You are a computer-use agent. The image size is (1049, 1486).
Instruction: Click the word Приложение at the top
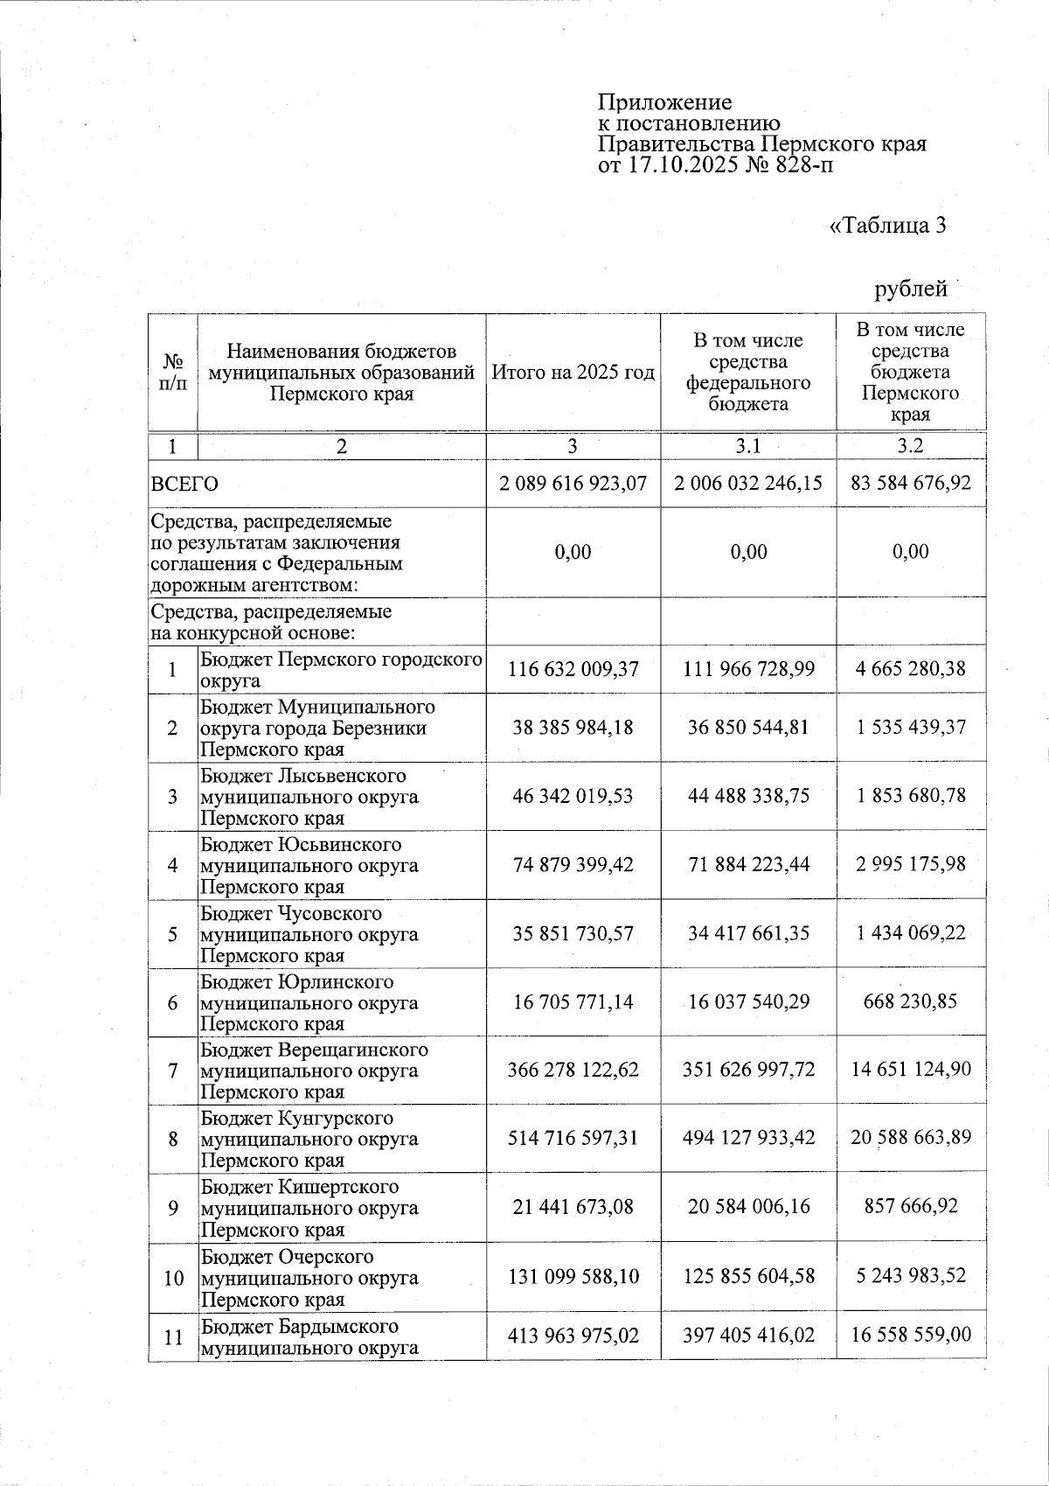coord(664,102)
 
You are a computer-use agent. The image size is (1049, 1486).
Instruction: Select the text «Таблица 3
coord(887,226)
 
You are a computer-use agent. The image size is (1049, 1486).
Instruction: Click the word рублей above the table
coord(912,289)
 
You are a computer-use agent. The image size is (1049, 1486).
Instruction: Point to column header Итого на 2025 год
coord(573,373)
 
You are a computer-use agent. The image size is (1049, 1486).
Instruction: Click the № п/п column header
coord(173,373)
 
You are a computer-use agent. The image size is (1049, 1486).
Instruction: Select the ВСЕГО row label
coord(184,484)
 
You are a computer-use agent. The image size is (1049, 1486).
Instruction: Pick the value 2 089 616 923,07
coord(573,483)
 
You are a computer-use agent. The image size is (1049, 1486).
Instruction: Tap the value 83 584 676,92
coord(911,483)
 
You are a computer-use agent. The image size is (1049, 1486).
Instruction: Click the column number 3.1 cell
coord(748,446)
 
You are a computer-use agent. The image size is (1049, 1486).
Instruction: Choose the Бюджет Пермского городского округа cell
coord(341,669)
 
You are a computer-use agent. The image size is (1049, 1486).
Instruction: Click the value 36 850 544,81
coord(748,727)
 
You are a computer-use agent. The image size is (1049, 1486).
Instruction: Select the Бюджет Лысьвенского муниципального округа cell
coord(341,797)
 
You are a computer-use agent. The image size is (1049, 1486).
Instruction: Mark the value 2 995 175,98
coord(911,864)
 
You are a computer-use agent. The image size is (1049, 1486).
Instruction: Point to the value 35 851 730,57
coord(573,933)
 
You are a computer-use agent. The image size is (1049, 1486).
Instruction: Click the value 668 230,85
coord(911,1001)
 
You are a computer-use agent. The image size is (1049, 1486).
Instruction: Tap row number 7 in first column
coord(173,1071)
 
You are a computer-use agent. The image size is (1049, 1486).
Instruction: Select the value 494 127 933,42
coord(748,1138)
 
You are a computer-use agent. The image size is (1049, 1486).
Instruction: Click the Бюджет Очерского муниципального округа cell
coord(341,1277)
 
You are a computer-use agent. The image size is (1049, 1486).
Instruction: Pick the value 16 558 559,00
coord(911,1336)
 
